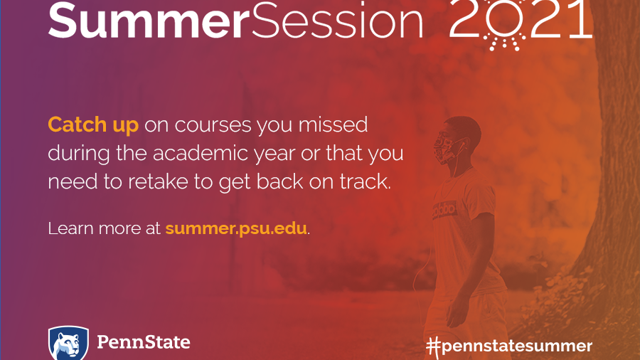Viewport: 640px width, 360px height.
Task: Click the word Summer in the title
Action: click(x=149, y=21)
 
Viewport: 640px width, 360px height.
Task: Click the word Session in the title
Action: click(x=337, y=21)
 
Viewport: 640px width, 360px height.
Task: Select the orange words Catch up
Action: click(x=93, y=125)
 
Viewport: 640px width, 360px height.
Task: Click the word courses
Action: click(x=213, y=125)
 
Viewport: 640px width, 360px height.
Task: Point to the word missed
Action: click(x=333, y=125)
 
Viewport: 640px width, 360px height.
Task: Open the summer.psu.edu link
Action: click(x=236, y=228)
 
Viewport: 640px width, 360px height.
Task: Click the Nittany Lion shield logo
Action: click(x=68, y=343)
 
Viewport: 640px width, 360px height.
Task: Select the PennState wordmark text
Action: click(x=143, y=342)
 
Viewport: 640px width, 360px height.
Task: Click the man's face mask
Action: click(x=445, y=148)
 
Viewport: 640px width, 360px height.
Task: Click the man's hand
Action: click(x=452, y=314)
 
